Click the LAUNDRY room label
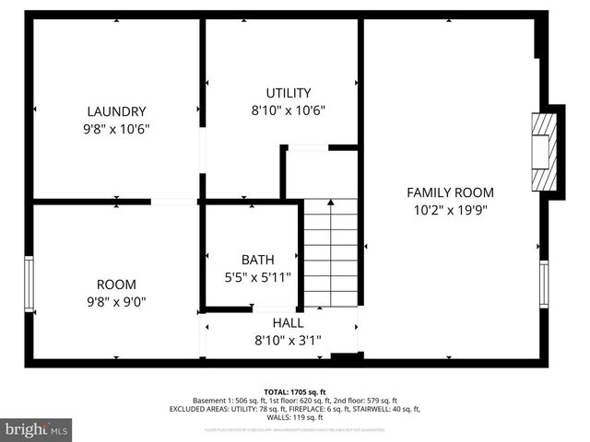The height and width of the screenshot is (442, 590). coord(116,111)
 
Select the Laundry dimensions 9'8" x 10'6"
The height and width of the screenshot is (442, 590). coord(116,129)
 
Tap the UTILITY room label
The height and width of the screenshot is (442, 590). coord(288,93)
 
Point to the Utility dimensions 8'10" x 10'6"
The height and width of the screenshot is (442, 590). coord(288,110)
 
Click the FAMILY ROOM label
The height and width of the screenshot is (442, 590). coord(450,192)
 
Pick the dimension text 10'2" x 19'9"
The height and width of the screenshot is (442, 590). coord(450,210)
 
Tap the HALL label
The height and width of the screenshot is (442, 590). coord(288,322)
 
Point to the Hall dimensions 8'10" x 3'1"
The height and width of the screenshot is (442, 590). coord(288,340)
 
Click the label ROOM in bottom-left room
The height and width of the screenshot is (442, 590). coord(116,285)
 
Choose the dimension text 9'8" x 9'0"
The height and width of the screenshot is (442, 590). coord(116,301)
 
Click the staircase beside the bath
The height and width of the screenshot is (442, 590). coord(330,253)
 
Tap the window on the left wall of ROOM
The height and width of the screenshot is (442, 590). coord(29,284)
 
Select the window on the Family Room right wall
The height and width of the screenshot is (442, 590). coord(544,285)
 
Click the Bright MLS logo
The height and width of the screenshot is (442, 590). coord(36,429)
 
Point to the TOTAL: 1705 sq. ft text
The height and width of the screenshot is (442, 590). coord(295,390)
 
